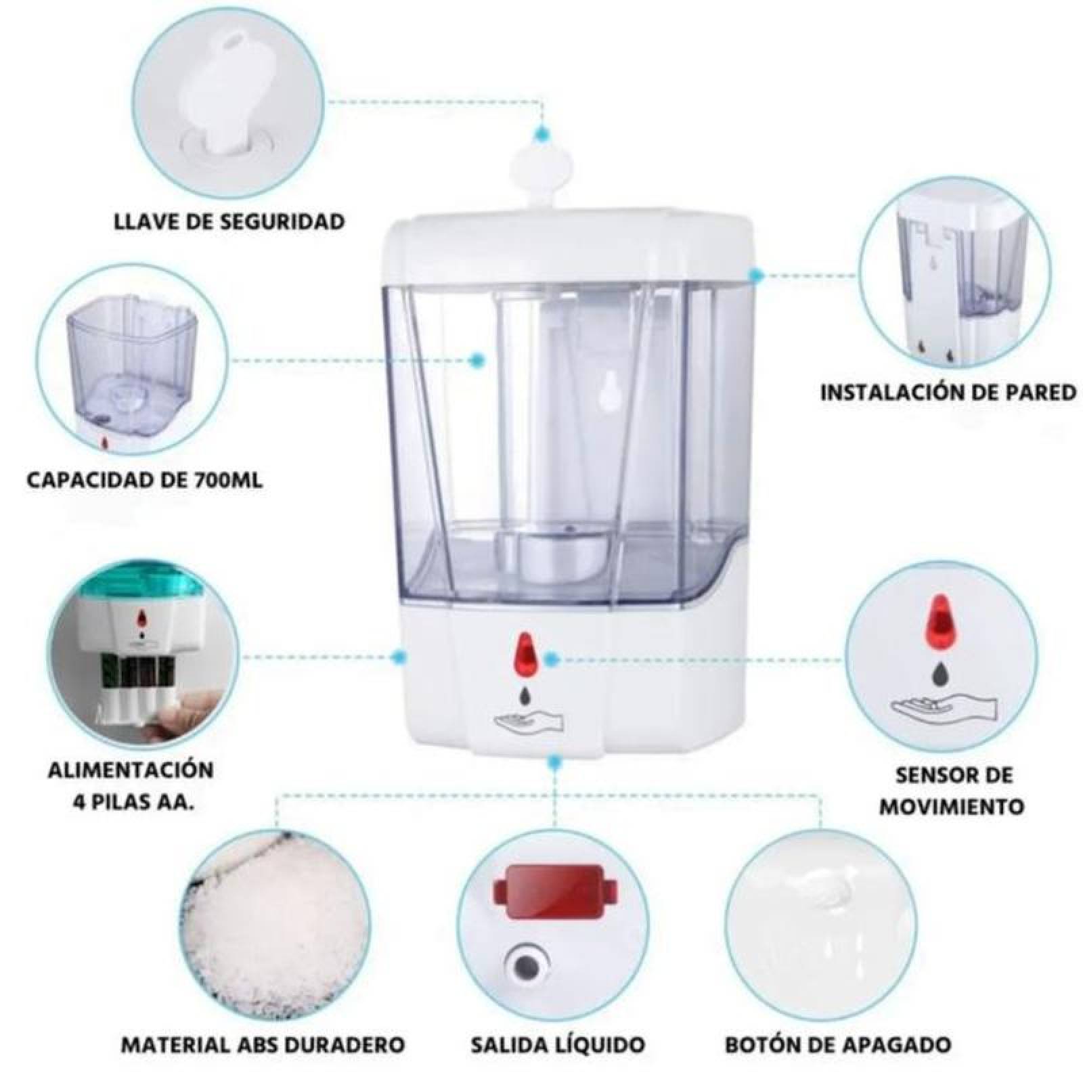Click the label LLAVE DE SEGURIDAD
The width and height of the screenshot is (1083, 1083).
tap(229, 221)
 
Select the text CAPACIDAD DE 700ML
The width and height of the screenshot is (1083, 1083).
tap(144, 481)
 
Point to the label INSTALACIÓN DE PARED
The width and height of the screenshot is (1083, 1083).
tap(948, 392)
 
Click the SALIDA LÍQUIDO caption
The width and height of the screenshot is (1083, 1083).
tap(557, 1044)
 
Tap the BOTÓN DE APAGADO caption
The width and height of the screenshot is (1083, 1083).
tap(838, 1044)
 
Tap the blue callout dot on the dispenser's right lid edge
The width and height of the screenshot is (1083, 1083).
tap(756, 273)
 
